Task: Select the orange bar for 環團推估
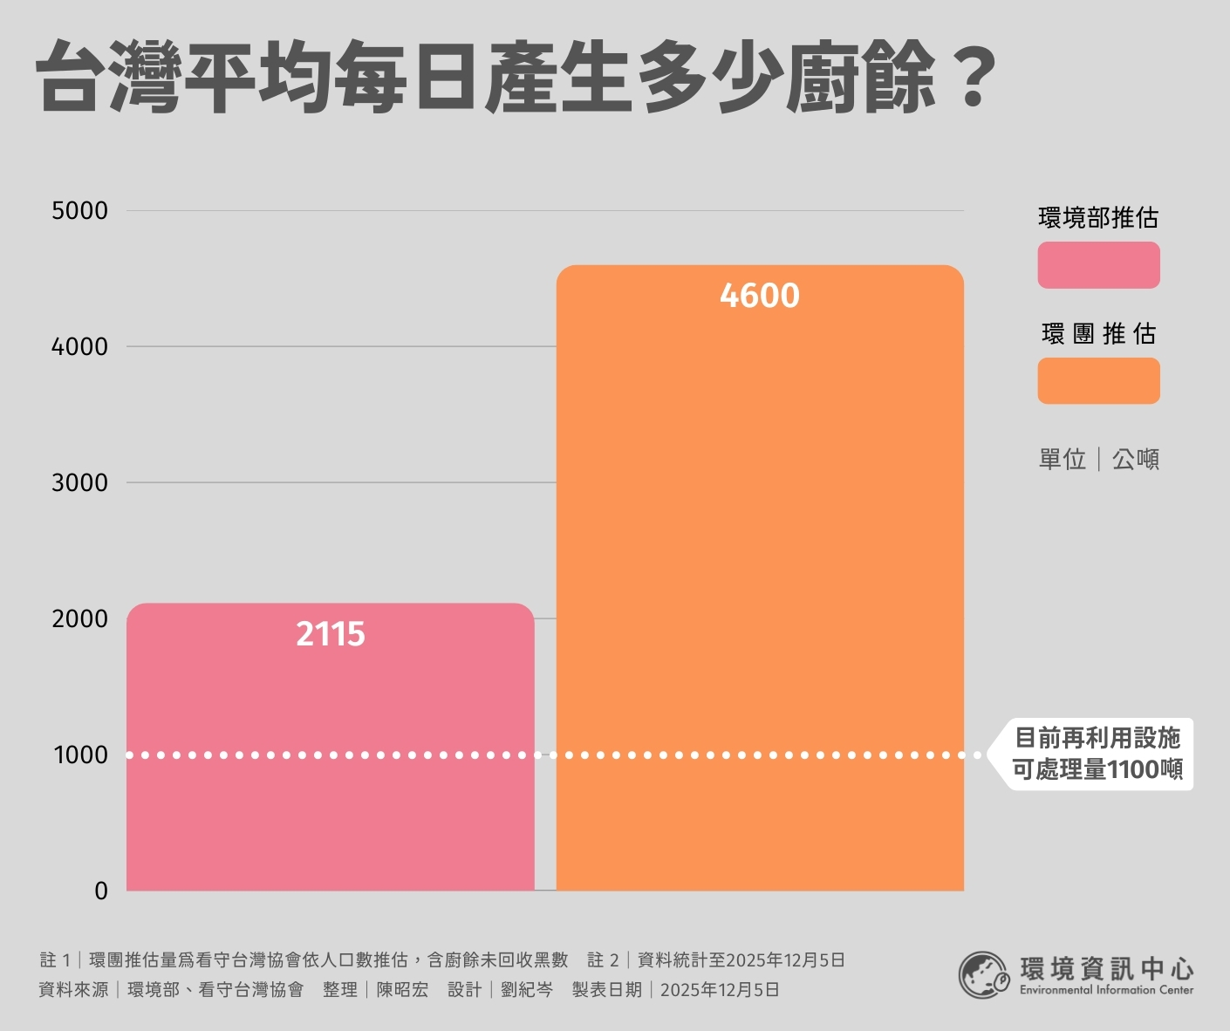point(760,576)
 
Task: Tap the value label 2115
point(331,634)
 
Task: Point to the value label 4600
point(760,296)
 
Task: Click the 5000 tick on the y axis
point(79,210)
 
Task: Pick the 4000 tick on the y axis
point(79,346)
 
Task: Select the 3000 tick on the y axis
point(79,482)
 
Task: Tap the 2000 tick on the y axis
point(79,618)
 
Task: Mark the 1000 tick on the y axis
point(80,754)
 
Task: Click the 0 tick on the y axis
point(101,891)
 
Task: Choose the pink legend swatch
point(1098,265)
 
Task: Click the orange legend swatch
point(1098,380)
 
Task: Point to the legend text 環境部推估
point(1098,218)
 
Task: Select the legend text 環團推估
point(1098,333)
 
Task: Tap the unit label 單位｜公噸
point(1098,459)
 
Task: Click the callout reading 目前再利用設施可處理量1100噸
point(1097,754)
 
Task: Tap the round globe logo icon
point(984,974)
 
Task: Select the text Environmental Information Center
point(1106,990)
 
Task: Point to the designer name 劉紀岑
point(527,990)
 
